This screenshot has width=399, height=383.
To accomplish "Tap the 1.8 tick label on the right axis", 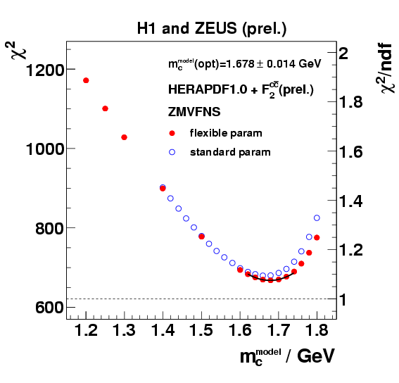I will (353, 103).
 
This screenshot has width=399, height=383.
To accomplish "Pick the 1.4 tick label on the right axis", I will (353, 201).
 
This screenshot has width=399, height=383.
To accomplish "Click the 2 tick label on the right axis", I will (344, 54).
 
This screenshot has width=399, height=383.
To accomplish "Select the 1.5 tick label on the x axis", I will (201, 330).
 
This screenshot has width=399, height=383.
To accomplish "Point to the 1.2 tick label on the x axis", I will (87, 330).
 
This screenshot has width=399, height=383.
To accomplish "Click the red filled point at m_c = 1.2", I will (86, 80).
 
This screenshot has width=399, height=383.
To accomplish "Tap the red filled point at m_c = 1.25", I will (105, 108).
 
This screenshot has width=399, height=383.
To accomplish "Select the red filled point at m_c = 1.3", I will (124, 137).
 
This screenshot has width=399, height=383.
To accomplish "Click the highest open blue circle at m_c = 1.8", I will (317, 218).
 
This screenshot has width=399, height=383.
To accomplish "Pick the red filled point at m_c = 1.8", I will (317, 237).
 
